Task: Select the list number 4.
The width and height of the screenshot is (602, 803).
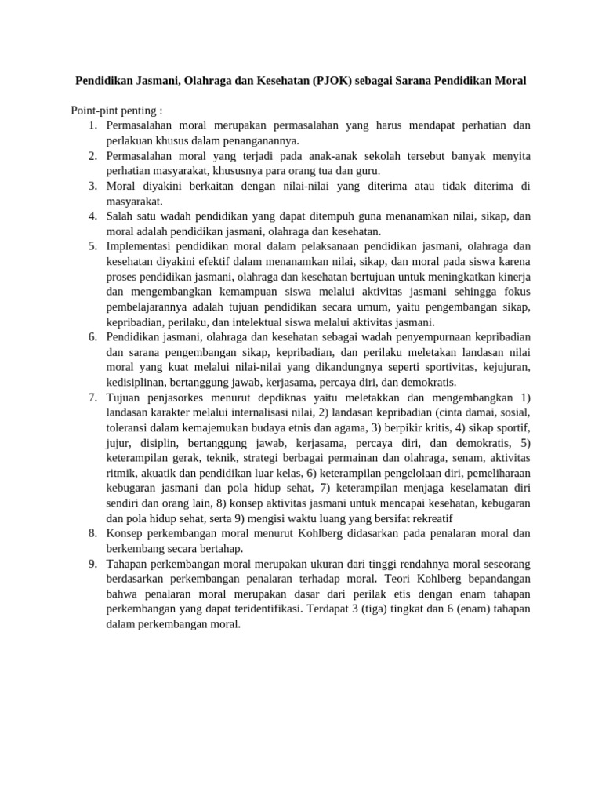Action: tap(92, 215)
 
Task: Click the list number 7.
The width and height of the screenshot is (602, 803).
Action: tap(92, 398)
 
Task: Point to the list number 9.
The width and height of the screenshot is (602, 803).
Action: tap(92, 565)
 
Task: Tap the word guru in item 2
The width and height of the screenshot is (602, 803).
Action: tap(368, 170)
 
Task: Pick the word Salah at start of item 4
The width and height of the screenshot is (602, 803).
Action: tap(120, 215)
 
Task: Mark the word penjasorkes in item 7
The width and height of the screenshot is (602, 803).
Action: tap(180, 398)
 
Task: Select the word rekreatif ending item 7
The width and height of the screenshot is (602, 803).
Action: tap(430, 519)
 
